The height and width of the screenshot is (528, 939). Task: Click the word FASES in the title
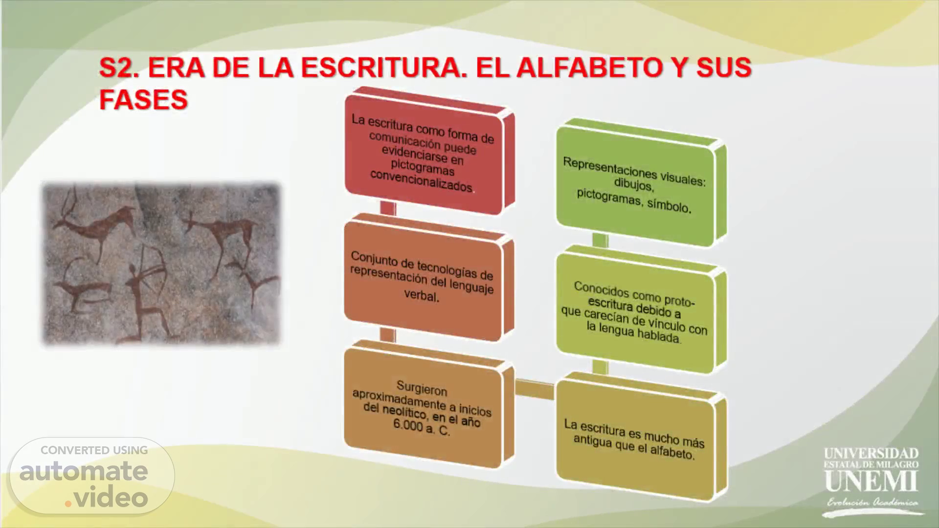(143, 99)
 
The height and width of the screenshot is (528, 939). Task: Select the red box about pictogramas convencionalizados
(429, 151)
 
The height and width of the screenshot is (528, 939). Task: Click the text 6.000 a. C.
(421, 427)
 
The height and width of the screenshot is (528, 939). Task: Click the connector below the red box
(388, 207)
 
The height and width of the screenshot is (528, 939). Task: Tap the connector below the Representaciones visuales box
(600, 240)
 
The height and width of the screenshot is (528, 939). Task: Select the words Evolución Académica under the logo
(872, 503)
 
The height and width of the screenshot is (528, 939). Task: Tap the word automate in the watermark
(84, 471)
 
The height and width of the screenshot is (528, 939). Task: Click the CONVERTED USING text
(94, 450)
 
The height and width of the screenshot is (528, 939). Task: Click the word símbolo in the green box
(669, 205)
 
